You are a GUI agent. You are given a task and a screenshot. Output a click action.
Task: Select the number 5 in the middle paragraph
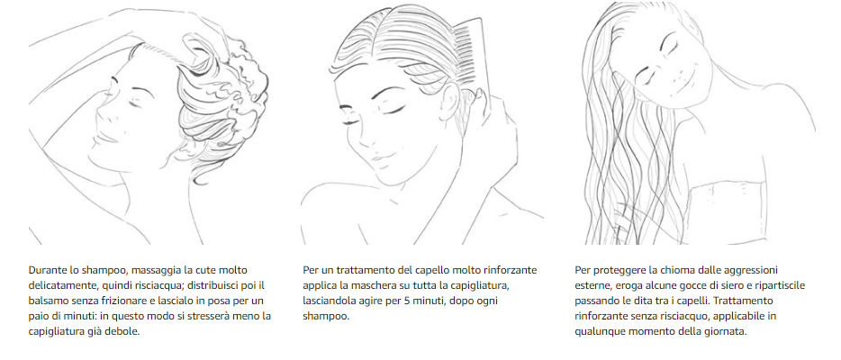point(426,301)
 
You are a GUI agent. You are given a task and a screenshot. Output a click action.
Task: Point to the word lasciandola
point(332,301)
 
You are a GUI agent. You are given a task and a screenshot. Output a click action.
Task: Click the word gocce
point(681,285)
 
